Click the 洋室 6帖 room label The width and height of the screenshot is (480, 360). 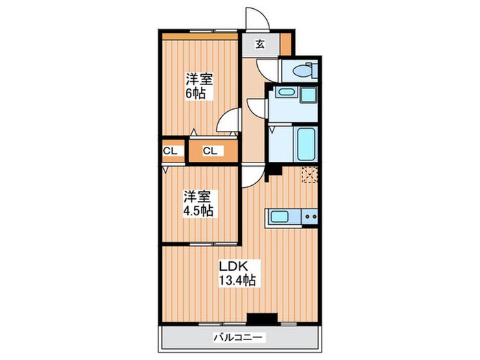[197, 86]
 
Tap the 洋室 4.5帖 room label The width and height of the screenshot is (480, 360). [197, 204]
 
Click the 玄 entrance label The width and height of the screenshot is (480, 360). [261, 45]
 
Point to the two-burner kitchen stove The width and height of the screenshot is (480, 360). [309, 217]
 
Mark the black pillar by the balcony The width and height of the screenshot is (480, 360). [261, 318]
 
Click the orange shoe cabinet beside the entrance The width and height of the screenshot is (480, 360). [285, 43]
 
